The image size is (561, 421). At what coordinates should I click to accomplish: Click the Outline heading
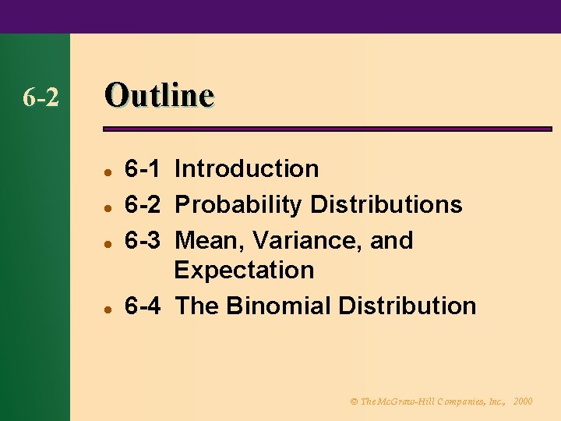point(159,96)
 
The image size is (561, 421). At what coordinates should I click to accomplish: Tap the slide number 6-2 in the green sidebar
point(41,98)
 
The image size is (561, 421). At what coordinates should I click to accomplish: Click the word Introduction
point(247,168)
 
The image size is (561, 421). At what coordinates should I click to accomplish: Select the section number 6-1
point(143,168)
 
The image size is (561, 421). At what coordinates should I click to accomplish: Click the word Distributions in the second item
point(386,205)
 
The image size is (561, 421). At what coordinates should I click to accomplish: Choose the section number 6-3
point(143,240)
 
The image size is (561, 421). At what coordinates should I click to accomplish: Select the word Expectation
point(244,271)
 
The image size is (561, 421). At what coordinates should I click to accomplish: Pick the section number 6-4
point(143,306)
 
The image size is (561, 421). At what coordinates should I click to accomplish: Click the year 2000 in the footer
point(524,401)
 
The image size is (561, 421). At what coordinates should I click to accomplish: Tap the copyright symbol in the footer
point(354,401)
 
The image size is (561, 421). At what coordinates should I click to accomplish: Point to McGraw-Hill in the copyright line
point(408,401)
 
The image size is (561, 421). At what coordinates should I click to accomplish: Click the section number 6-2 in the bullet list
point(143,205)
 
